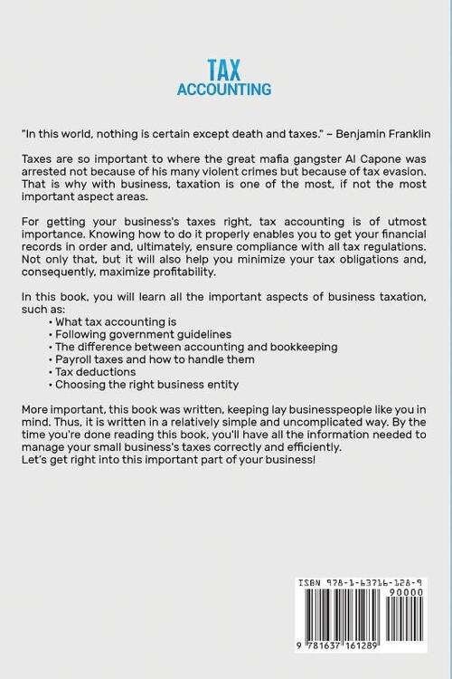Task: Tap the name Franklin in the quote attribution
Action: click(404, 132)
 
